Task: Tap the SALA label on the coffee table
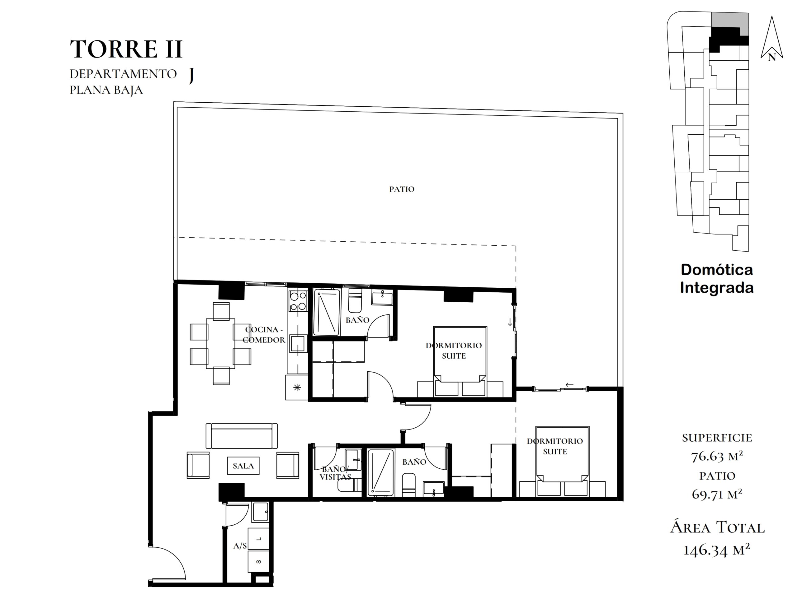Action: point(243,466)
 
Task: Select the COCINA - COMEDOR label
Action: point(263,335)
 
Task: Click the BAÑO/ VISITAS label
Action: point(335,473)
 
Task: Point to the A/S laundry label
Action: point(240,546)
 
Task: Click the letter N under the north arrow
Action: point(771,57)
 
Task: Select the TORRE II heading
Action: point(126,49)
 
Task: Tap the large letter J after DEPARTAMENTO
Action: point(191,76)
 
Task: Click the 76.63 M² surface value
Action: point(717,456)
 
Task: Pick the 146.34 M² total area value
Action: point(717,550)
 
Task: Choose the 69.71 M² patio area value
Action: point(717,494)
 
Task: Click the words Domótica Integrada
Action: point(717,279)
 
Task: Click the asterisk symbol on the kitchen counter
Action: point(297,388)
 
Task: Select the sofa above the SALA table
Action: point(242,436)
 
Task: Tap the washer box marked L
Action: point(258,539)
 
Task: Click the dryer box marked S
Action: point(258,561)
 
